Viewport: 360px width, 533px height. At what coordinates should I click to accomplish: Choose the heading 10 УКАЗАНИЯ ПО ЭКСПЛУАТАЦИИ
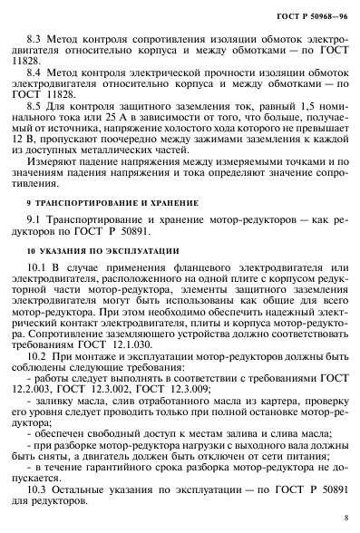click(x=98, y=275)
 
